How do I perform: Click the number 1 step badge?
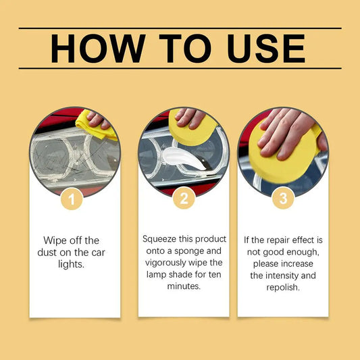pyautogui.click(x=72, y=199)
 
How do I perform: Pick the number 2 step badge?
pyautogui.click(x=184, y=199)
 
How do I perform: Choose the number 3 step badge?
pyautogui.click(x=283, y=199)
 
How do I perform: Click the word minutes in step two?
pyautogui.click(x=184, y=286)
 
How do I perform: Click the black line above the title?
pyautogui.click(x=180, y=28)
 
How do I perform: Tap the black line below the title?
pyautogui.click(x=180, y=68)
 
